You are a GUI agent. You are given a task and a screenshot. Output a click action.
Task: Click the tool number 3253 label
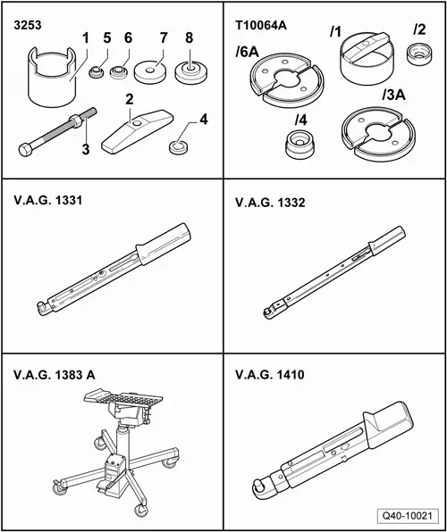(28, 26)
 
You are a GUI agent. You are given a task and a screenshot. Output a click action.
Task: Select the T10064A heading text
(261, 26)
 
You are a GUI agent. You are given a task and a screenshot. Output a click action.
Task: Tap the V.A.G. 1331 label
(48, 201)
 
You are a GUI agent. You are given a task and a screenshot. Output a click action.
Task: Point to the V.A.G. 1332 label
(270, 203)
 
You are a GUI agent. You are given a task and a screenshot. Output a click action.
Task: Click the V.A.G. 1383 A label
(55, 375)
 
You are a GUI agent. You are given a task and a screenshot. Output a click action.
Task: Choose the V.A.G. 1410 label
(270, 375)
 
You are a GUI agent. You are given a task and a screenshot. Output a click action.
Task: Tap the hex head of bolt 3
(25, 150)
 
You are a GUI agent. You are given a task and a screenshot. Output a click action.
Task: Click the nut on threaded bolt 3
(75, 121)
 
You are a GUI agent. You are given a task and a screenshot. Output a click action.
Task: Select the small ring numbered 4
(179, 148)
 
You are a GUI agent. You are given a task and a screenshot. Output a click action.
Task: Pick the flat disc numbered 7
(150, 72)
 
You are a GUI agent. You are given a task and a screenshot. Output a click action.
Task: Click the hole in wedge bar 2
(138, 124)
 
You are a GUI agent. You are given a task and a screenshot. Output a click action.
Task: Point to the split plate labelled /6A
(287, 80)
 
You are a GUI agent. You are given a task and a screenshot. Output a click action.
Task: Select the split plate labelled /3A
(379, 134)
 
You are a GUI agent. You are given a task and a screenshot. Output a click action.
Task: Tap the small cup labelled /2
(419, 54)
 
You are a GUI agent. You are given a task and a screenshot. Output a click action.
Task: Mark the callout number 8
(189, 38)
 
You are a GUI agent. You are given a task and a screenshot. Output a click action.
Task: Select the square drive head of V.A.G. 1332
(268, 312)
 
